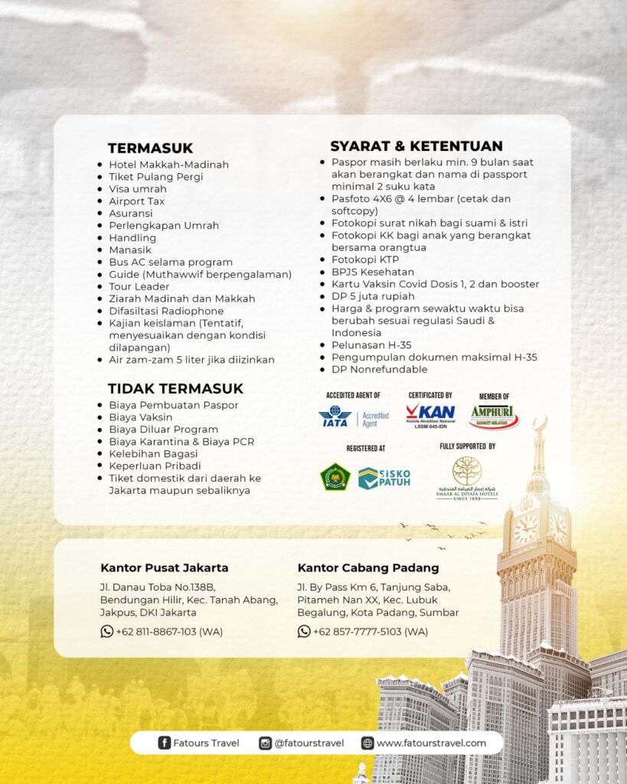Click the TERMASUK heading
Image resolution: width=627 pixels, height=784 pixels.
click(x=150, y=148)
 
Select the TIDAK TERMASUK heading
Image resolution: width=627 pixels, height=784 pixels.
click(x=175, y=388)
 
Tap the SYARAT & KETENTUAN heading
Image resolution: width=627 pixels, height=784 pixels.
click(x=416, y=146)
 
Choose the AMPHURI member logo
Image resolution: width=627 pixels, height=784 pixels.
click(x=494, y=416)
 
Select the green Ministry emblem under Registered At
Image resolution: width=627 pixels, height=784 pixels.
click(x=335, y=477)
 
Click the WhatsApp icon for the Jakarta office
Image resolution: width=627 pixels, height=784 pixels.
click(x=107, y=632)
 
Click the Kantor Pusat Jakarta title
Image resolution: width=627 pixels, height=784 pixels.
click(x=164, y=568)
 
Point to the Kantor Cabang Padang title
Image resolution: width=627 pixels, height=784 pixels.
click(x=367, y=568)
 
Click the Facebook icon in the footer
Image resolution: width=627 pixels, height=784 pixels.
click(x=164, y=743)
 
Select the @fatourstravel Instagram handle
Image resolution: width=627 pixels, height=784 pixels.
click(x=309, y=743)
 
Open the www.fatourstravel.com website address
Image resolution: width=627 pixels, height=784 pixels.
click(x=431, y=743)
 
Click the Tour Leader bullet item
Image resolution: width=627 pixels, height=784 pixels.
click(x=139, y=286)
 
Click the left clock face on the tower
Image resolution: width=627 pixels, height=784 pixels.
click(x=526, y=528)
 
